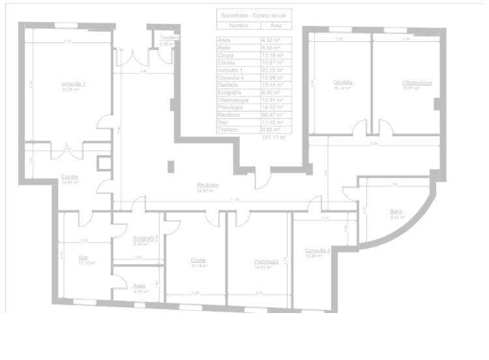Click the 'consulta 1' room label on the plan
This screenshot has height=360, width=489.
click(x=73, y=84)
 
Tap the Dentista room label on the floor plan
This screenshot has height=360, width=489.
click(x=343, y=82)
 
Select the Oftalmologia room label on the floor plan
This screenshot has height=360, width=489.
click(x=417, y=82)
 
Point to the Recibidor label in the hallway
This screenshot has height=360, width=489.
click(x=207, y=185)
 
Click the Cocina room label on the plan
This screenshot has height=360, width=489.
click(x=70, y=177)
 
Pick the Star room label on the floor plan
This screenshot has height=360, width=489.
click(x=83, y=258)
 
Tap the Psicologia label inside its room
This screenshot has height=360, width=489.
click(x=266, y=262)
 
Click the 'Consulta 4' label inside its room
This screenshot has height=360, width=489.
click(x=318, y=250)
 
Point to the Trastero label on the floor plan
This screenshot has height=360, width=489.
click(x=170, y=38)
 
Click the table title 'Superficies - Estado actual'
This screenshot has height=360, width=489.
click(x=254, y=14)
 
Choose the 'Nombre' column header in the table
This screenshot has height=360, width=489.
click(x=239, y=25)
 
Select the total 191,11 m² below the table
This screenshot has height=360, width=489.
click(x=274, y=138)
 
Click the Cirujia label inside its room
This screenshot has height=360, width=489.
click(x=198, y=260)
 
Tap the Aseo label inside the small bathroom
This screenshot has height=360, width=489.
click(x=140, y=286)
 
